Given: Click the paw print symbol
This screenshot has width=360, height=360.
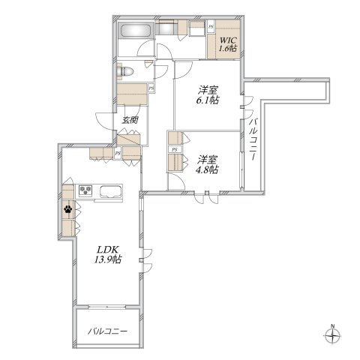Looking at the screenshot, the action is coord(67,209).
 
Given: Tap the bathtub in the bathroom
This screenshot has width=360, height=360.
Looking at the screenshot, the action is coord(136,31).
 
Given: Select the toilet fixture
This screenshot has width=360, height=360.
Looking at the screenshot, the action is coord(125,71).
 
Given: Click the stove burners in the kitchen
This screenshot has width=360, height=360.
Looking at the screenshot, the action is coord(85,190).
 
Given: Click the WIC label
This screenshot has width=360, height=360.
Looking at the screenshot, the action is coord(228,40).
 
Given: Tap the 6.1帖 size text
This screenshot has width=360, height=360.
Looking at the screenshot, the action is coord(207,100).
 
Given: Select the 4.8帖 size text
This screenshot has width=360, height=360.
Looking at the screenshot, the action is coord(207,169).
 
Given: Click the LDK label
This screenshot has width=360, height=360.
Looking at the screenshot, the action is coord(107,250).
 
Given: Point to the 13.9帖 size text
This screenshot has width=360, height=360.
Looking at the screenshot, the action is coord(108,259).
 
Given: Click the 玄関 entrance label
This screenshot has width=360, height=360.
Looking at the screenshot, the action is coord(130,120).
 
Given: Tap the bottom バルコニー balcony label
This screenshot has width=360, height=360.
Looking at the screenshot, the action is coord(107,331).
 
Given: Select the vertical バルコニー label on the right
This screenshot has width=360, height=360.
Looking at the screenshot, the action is coord(254,139).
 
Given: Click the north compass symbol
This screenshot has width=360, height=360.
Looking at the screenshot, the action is coord(332,336).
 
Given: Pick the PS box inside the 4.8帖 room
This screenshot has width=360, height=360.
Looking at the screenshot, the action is coord(175,149).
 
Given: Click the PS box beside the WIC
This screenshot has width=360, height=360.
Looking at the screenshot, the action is coord(211,26).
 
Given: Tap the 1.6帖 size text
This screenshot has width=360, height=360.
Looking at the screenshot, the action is coord(228,49).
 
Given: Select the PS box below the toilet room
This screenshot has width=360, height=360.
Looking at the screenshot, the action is coord(151,88).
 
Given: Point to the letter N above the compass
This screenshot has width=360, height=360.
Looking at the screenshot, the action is coord(333,326).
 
